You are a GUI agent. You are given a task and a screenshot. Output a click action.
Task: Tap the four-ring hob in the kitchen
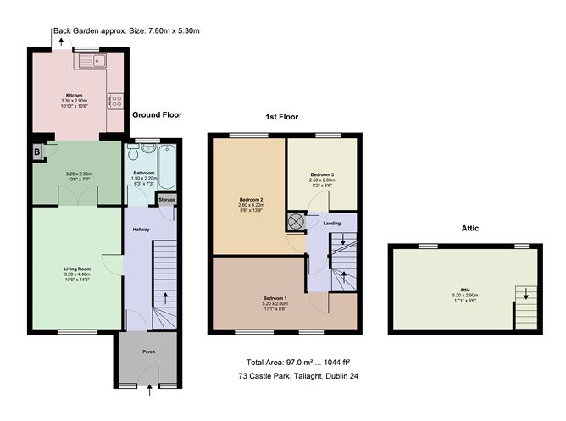click(114, 99)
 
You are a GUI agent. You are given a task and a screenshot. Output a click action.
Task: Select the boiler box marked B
click(37, 152)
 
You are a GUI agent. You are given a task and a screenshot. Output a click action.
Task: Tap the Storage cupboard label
click(167, 200)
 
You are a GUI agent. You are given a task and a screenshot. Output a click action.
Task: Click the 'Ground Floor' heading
click(157, 114)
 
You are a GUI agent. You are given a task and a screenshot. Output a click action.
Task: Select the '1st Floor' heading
click(282, 117)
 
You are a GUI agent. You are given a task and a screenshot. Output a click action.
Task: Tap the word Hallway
click(141, 230)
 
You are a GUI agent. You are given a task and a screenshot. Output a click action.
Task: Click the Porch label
click(148, 351)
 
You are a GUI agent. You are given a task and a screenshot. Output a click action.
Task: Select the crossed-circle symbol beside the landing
click(296, 221)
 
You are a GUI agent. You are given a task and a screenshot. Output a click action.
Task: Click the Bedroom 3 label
click(321, 174)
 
